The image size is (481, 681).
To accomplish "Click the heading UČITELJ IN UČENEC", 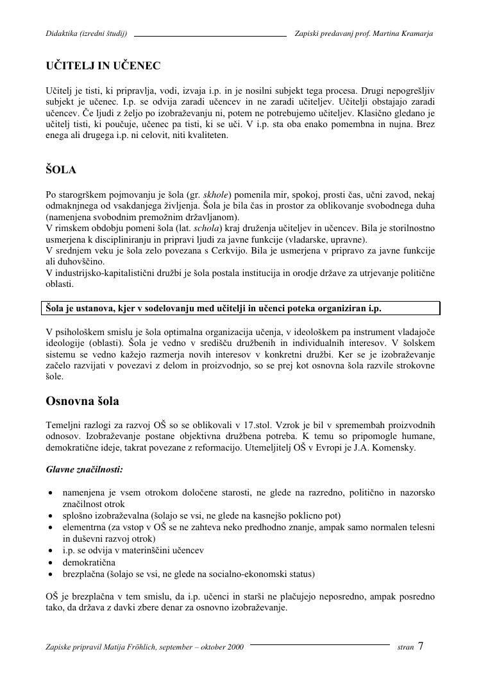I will coord(103,65).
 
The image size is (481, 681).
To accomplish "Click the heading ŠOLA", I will coord(61,170).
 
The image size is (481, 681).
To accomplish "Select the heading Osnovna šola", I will coord(82,401).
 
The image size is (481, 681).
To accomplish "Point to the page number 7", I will coord(421,646).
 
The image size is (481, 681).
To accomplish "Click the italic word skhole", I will coord(217,194).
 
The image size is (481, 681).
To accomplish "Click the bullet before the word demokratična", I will coord(51,562).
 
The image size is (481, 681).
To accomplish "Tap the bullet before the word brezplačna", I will coord(51,574).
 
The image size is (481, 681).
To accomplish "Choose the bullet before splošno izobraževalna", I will coord(51,515).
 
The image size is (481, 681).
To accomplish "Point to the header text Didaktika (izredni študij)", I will coord(87,33).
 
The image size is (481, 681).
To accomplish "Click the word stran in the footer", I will coord(405,648).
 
